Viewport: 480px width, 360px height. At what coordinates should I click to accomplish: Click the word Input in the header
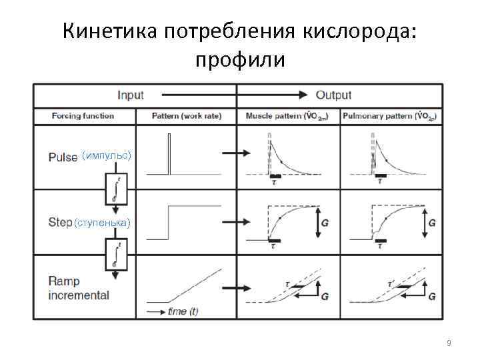click(x=130, y=95)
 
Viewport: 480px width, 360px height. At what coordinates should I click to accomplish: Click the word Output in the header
click(x=333, y=95)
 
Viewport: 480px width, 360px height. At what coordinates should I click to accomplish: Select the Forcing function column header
click(x=83, y=116)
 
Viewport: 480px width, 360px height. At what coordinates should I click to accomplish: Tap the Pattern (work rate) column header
click(x=187, y=116)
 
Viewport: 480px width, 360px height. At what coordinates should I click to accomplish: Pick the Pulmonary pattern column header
click(x=390, y=116)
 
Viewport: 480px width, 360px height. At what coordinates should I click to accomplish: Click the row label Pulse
click(x=63, y=157)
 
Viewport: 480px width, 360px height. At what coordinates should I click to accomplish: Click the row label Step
click(x=59, y=221)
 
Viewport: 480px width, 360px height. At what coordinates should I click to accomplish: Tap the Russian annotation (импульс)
click(x=107, y=156)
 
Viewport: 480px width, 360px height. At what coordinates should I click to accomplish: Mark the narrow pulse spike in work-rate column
click(x=170, y=153)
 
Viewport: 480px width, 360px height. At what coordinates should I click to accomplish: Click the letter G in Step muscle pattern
click(x=325, y=223)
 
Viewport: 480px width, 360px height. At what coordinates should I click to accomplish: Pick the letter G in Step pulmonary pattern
click(x=432, y=223)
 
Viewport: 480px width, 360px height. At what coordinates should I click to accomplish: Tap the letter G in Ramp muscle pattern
click(x=325, y=295)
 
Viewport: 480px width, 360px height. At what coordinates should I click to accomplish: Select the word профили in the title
click(x=240, y=61)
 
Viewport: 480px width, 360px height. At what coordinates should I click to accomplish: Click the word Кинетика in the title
click(x=111, y=31)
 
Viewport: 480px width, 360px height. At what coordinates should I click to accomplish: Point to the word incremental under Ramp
click(x=79, y=295)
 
